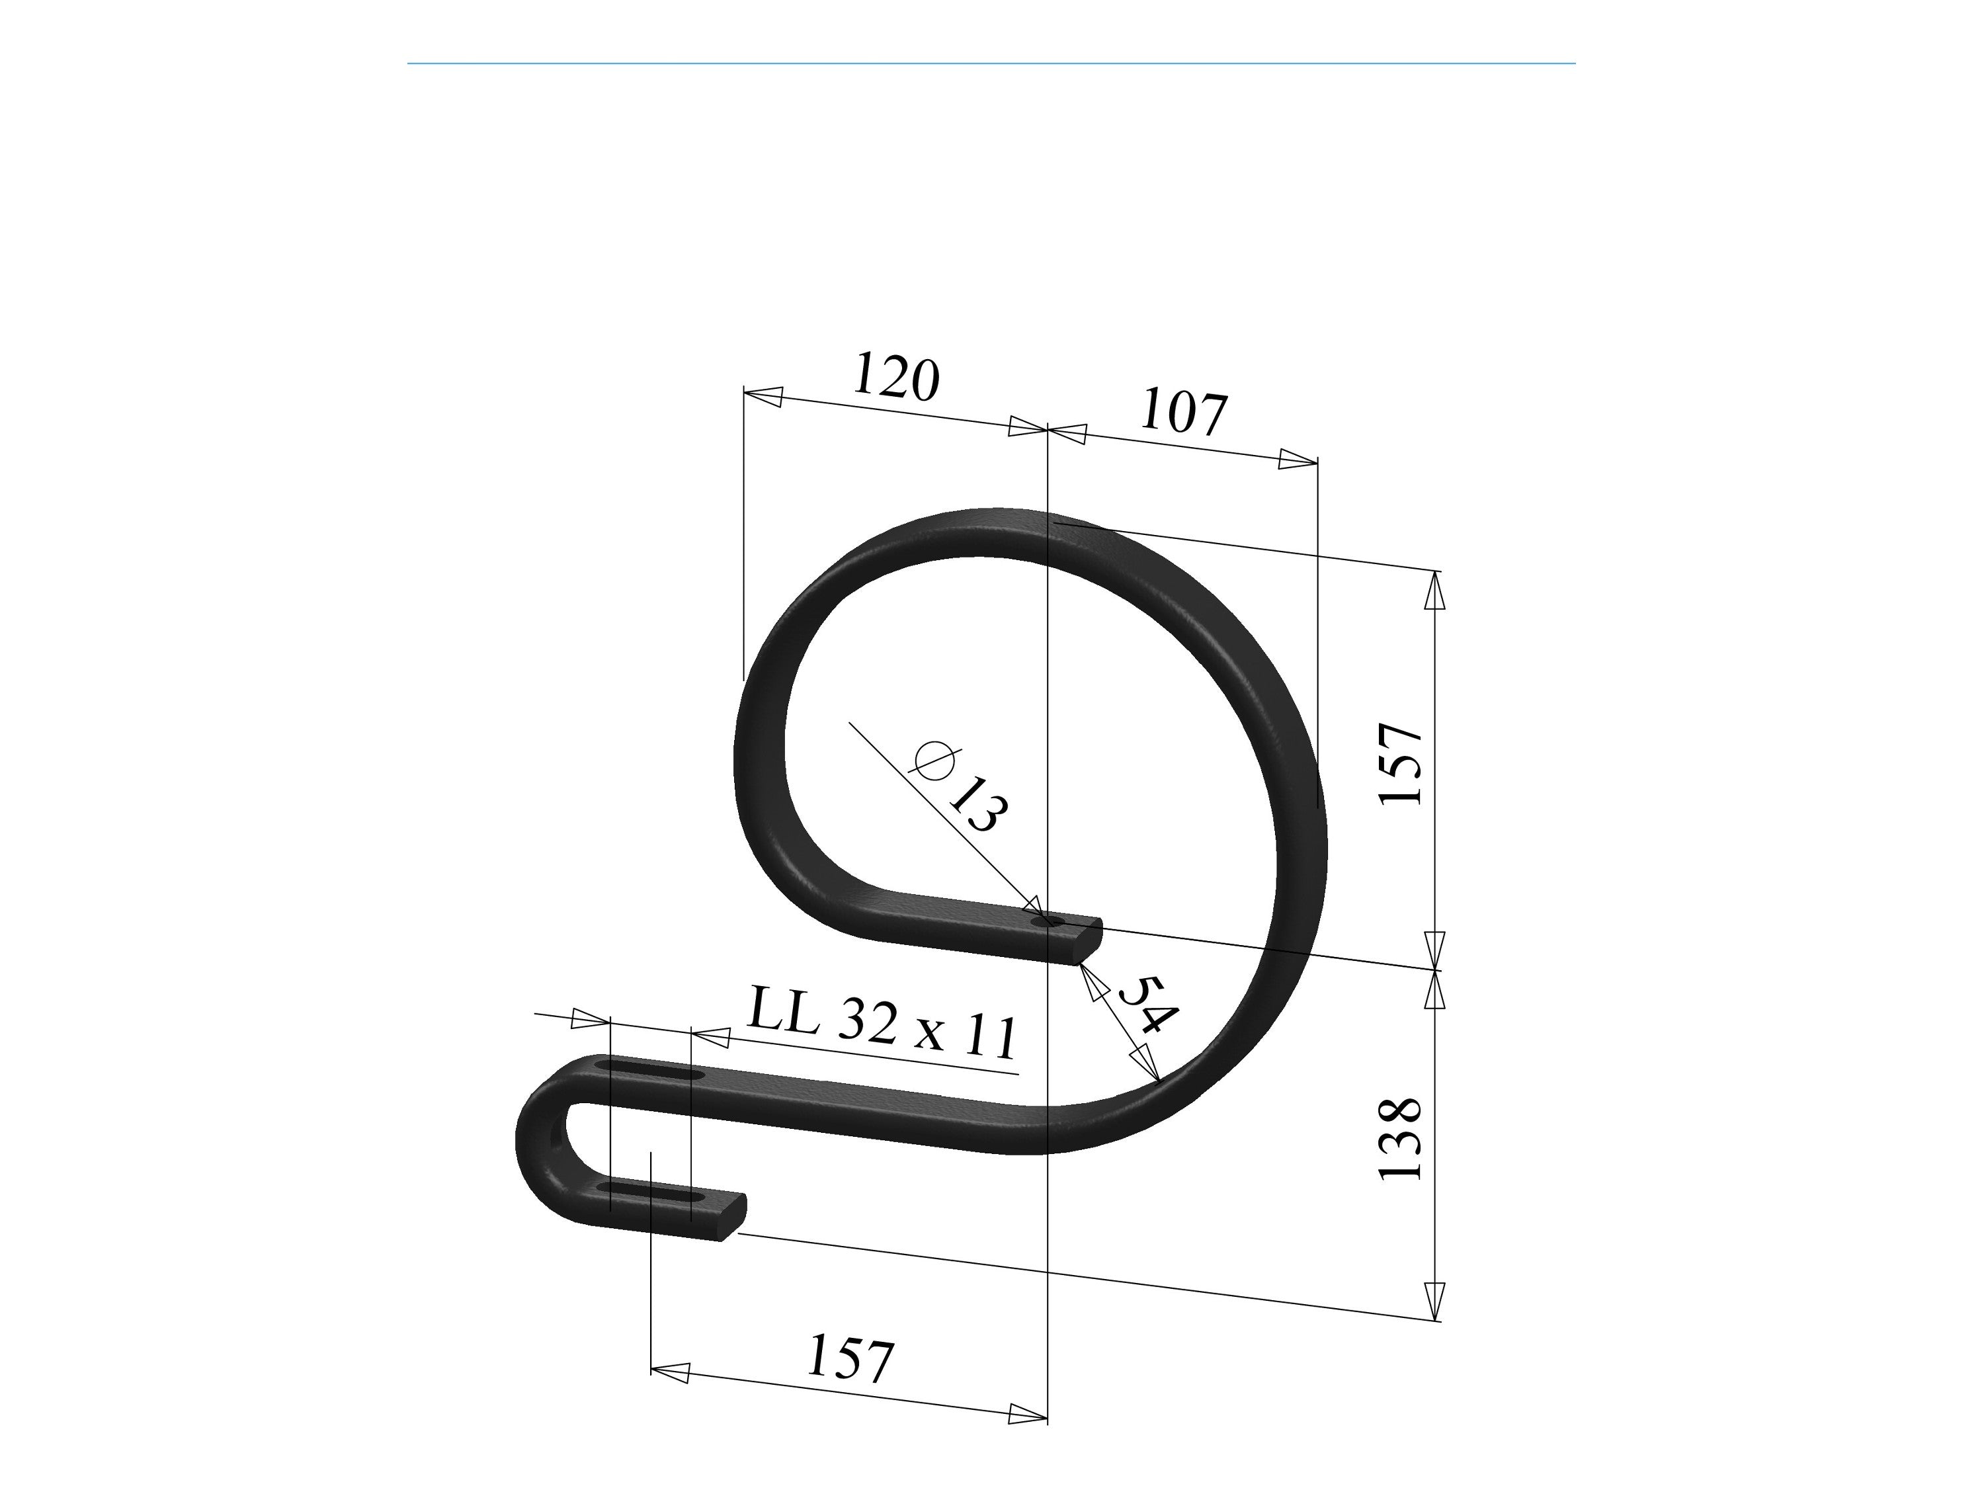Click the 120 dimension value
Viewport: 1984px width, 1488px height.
point(896,377)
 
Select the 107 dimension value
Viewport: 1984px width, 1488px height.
point(1183,413)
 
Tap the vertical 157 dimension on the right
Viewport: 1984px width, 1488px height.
point(1401,763)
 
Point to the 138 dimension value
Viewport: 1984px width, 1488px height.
point(1401,1138)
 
